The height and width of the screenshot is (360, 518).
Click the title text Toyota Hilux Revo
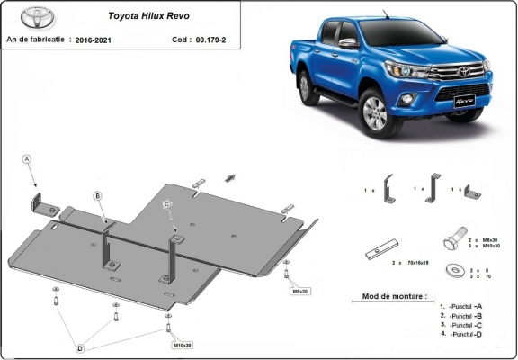coord(143,15)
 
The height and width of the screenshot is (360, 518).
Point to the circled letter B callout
coord(98,195)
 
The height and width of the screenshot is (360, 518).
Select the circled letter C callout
coord(168,205)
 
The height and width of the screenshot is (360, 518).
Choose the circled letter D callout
coord(80,347)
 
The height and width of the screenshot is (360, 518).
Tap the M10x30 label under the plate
coord(183,345)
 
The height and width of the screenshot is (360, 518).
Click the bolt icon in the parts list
coord(451,242)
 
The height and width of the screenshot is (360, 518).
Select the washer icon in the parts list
coord(451,269)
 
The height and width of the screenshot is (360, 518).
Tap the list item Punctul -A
coord(462,307)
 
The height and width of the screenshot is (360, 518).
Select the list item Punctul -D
coord(462,334)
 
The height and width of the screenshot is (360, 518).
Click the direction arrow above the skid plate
coord(230,177)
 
